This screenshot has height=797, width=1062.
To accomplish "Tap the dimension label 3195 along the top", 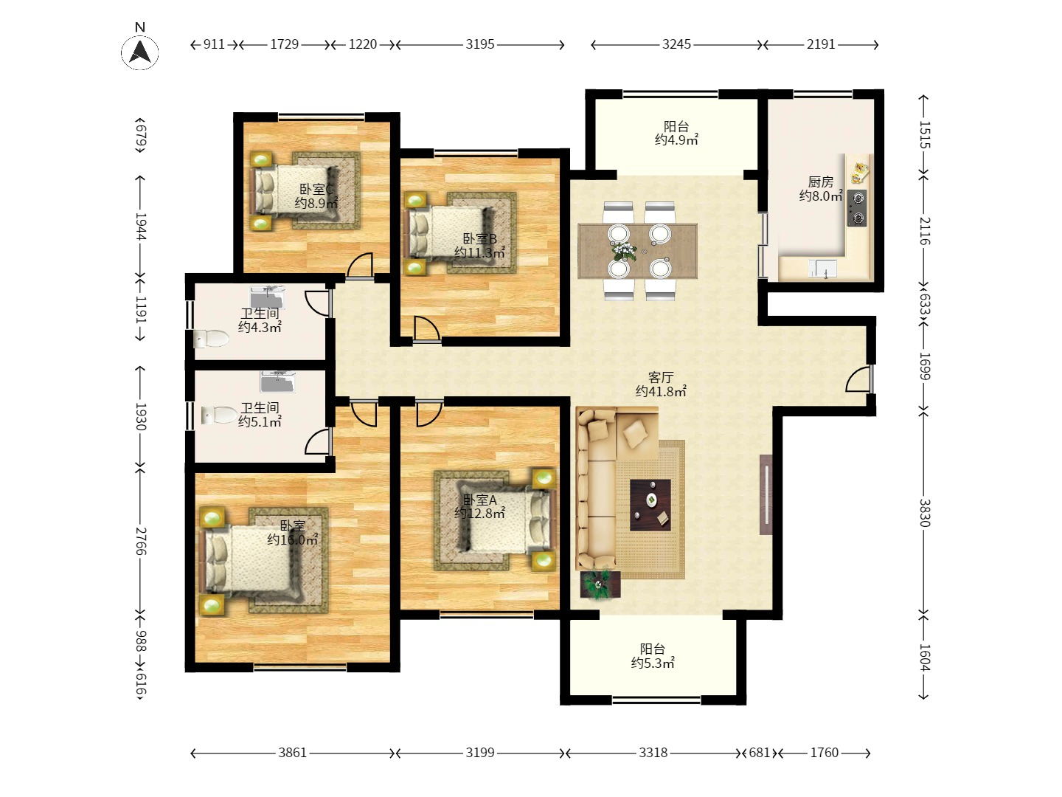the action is [x=480, y=44].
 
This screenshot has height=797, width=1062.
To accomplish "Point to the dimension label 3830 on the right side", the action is [x=925, y=513].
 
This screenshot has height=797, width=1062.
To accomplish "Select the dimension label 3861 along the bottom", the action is [x=292, y=753].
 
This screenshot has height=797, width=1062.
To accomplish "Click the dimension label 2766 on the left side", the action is [x=141, y=541].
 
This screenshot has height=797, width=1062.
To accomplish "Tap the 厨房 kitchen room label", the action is [x=821, y=182].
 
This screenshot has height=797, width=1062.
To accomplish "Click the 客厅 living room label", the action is [x=661, y=377].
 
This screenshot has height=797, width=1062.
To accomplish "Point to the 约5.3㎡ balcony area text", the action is [x=652, y=663].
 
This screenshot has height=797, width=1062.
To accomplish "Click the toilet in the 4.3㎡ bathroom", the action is [x=211, y=338].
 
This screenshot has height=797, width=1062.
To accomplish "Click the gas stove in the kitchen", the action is [x=857, y=208].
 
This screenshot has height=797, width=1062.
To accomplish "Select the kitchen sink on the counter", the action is [x=823, y=269].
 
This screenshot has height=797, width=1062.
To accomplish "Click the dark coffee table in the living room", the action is [x=650, y=505].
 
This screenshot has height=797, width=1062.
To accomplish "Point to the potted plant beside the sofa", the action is [x=600, y=585].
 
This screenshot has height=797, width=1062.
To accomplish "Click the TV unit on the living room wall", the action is [x=766, y=494].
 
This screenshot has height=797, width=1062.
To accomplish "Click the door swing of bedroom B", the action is [x=427, y=329].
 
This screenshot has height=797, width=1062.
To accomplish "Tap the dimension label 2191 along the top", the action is [x=821, y=44].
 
